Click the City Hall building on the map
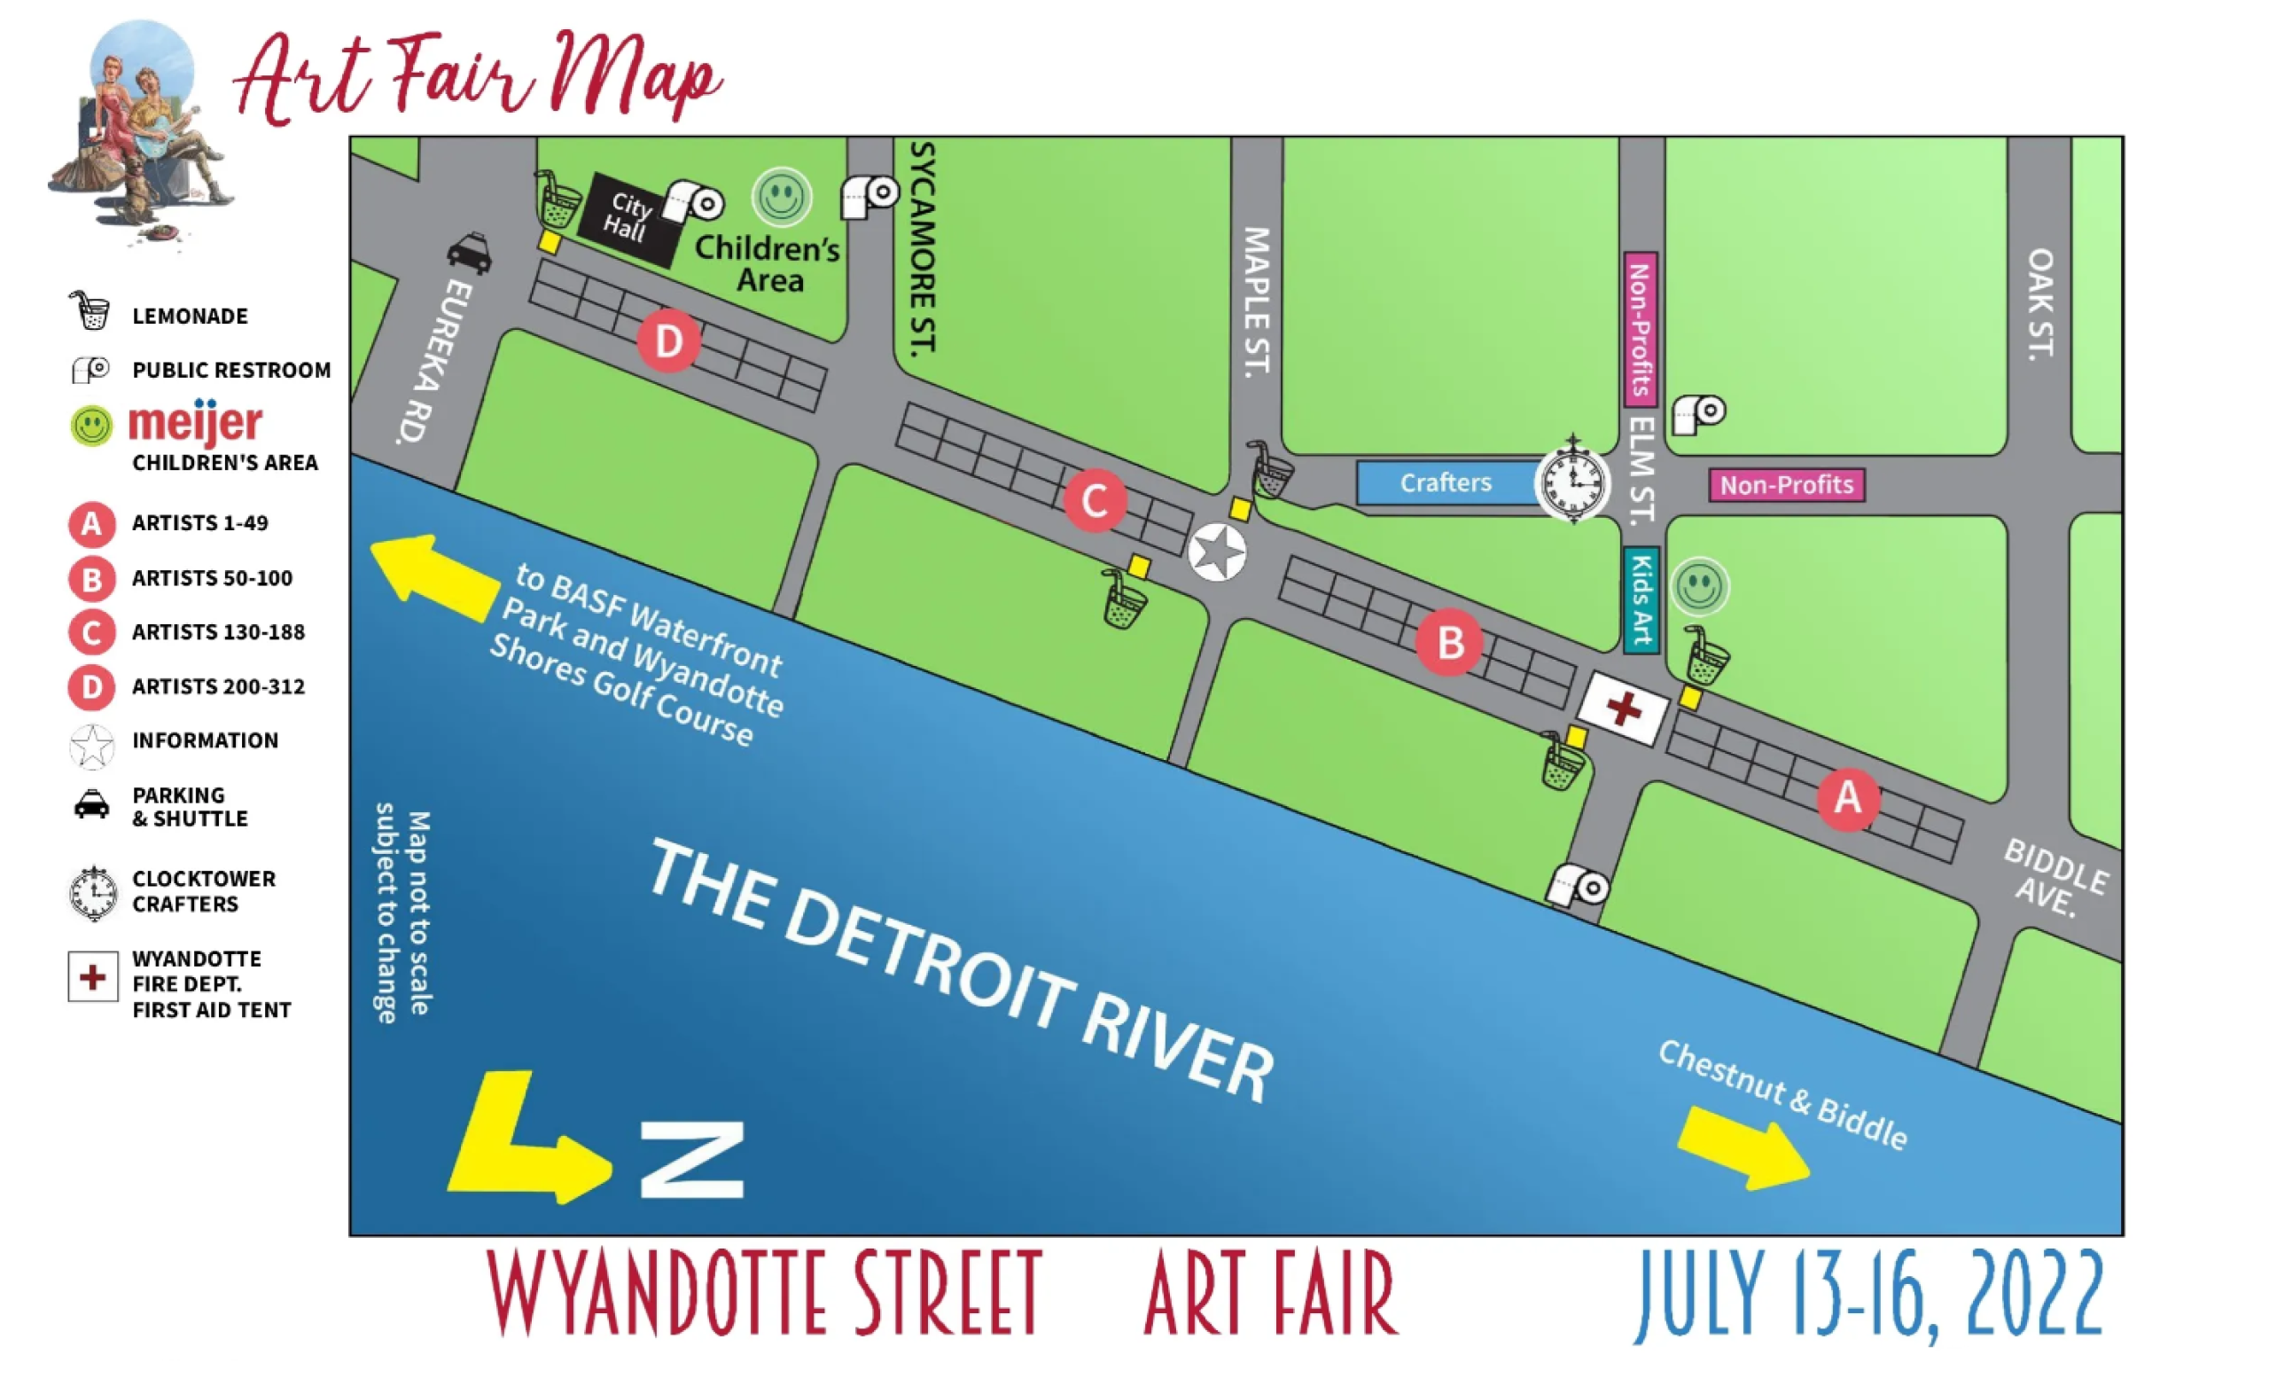[629, 218]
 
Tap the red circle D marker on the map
[668, 341]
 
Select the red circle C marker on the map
[1094, 501]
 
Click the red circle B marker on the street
[1449, 642]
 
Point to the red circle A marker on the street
[1847, 798]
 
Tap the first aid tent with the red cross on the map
[1623, 709]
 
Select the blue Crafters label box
[1446, 482]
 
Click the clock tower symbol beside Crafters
[1573, 482]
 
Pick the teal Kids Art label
[1641, 599]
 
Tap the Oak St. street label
[2040, 304]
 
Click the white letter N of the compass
[691, 1161]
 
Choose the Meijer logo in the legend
[194, 423]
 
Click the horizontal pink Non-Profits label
[1787, 484]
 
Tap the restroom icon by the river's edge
[1578, 886]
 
